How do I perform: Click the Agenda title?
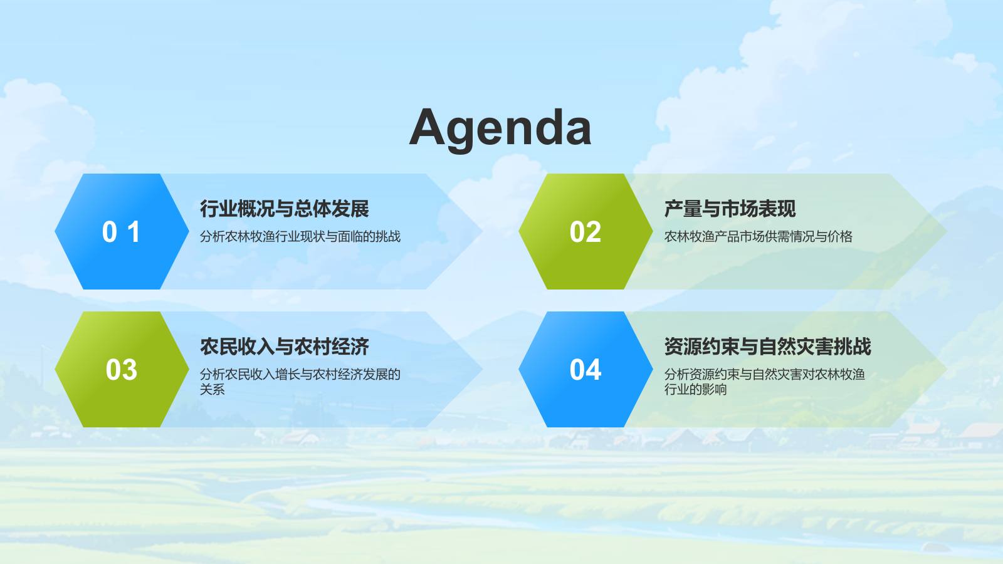[500, 128]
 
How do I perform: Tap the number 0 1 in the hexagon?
[122, 232]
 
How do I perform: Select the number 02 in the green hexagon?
[586, 232]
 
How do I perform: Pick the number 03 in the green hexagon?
[122, 370]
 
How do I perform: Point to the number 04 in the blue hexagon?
[586, 370]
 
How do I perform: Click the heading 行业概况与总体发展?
[285, 209]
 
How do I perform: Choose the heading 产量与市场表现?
[730, 209]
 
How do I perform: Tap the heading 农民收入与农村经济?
[285, 347]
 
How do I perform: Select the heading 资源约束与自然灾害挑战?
[767, 347]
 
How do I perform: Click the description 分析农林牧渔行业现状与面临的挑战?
[300, 236]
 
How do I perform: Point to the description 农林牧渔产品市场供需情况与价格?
[758, 236]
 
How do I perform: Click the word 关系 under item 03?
[213, 389]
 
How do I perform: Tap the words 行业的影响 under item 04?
[695, 389]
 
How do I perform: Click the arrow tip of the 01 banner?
[483, 231]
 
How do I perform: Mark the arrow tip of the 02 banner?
[947, 231]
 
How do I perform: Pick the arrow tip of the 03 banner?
[483, 369]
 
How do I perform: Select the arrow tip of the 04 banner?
[947, 369]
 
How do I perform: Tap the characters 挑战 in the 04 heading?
[853, 347]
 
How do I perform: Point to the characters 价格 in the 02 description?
[840, 236]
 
